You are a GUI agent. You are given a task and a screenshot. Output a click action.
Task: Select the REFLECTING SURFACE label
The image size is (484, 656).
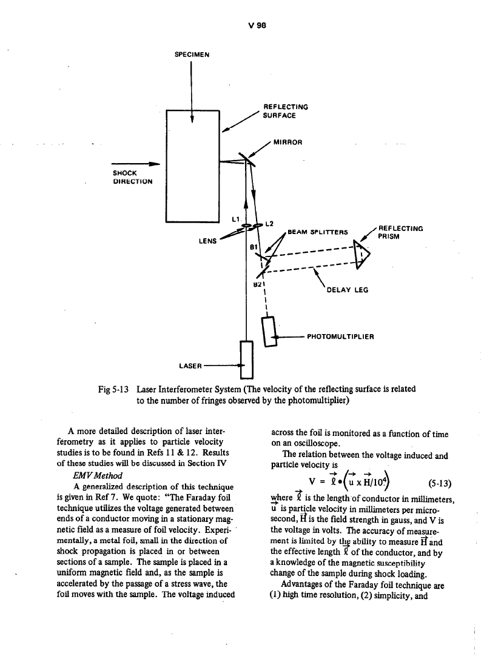pos(285,110)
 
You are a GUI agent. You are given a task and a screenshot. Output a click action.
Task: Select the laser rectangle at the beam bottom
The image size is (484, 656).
pos(246,359)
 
